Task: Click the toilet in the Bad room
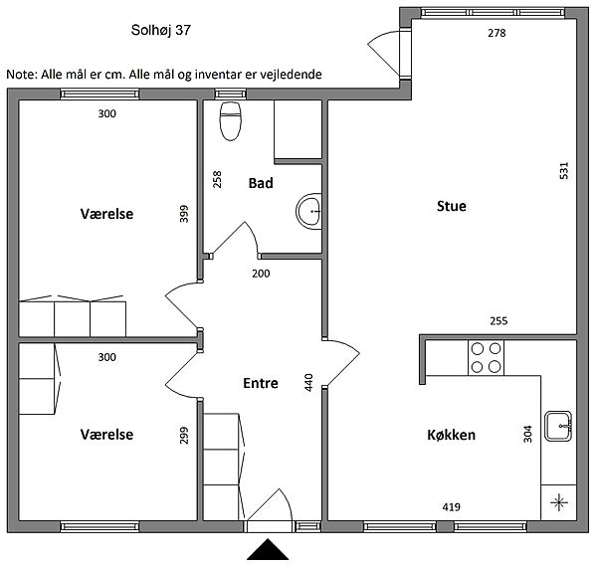pos(231,121)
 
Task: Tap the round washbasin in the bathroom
pos(308,211)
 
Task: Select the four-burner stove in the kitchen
pos(486,358)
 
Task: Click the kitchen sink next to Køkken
pos(558,426)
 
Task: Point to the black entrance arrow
pos(268,549)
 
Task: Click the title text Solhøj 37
pos(160,30)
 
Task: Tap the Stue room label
pos(452,206)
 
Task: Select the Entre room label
pos(261,383)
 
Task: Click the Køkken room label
pos(451,435)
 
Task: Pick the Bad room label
pos(261,183)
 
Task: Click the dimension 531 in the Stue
pos(564,170)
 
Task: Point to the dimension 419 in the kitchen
pos(451,507)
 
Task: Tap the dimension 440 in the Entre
pos(308,382)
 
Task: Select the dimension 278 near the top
pos(497,33)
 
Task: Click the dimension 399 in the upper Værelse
pos(184,214)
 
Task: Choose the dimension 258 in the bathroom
pos(217,179)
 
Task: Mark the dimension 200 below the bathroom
pos(261,274)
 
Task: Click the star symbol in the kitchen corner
pos(559,502)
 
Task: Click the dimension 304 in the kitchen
pos(527,434)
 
